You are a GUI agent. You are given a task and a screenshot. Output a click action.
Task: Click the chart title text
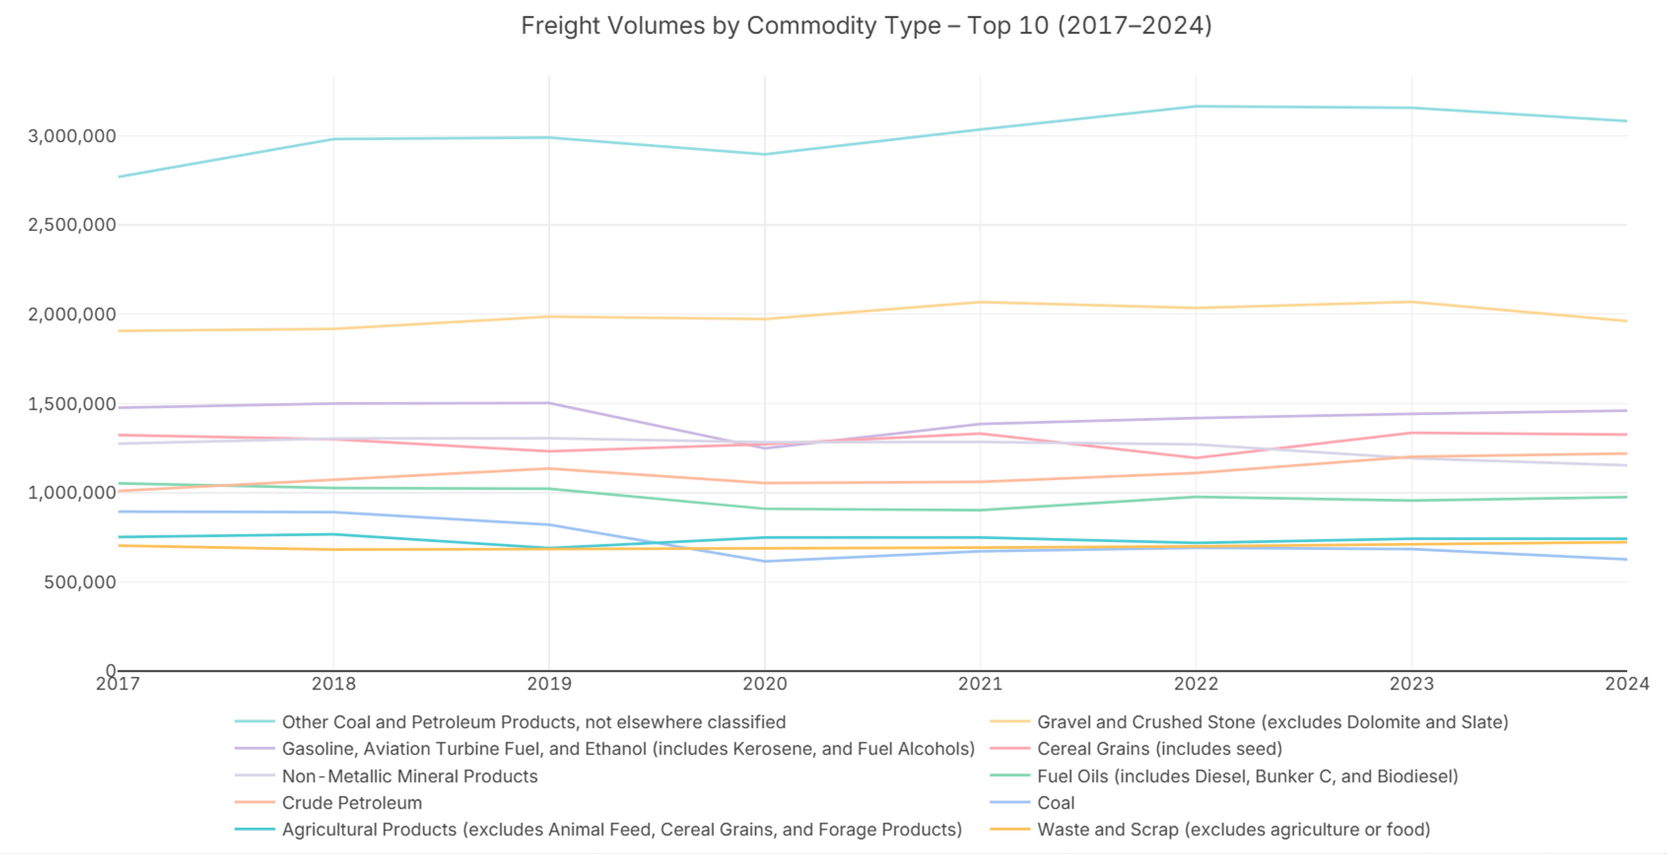click(x=866, y=26)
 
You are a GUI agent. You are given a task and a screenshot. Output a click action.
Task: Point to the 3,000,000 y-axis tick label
click(x=72, y=136)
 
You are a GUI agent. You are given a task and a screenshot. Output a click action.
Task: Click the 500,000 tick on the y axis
click(x=80, y=582)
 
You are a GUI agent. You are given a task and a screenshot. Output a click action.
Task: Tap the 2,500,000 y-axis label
click(x=72, y=225)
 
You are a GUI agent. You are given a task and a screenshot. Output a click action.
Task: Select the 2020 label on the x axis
click(x=764, y=684)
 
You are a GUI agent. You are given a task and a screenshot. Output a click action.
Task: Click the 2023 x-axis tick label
click(x=1412, y=684)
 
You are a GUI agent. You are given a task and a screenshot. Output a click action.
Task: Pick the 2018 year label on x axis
click(x=333, y=684)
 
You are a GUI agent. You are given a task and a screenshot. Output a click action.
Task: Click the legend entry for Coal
click(x=1056, y=803)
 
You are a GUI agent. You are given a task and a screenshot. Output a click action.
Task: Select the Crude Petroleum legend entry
click(x=351, y=803)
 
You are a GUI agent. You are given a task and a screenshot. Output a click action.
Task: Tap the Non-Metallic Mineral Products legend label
click(x=410, y=777)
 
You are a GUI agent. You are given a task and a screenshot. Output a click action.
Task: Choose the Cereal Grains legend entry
click(x=1159, y=749)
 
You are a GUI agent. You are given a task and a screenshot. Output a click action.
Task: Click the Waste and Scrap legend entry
click(x=1234, y=830)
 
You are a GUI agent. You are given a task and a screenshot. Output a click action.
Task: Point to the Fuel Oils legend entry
click(x=1247, y=777)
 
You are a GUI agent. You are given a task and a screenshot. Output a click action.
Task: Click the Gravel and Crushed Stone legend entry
click(x=1272, y=722)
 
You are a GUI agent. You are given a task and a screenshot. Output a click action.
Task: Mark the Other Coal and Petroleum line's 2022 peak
click(x=1196, y=106)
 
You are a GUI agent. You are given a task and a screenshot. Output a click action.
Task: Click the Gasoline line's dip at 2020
click(x=765, y=448)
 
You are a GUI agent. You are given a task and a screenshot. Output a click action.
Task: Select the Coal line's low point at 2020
click(x=765, y=561)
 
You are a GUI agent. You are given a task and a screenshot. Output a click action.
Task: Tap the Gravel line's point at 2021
click(x=981, y=302)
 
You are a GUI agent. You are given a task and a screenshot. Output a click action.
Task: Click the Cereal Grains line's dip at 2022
click(x=1196, y=458)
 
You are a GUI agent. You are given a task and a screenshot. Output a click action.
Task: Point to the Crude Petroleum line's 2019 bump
click(x=550, y=468)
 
